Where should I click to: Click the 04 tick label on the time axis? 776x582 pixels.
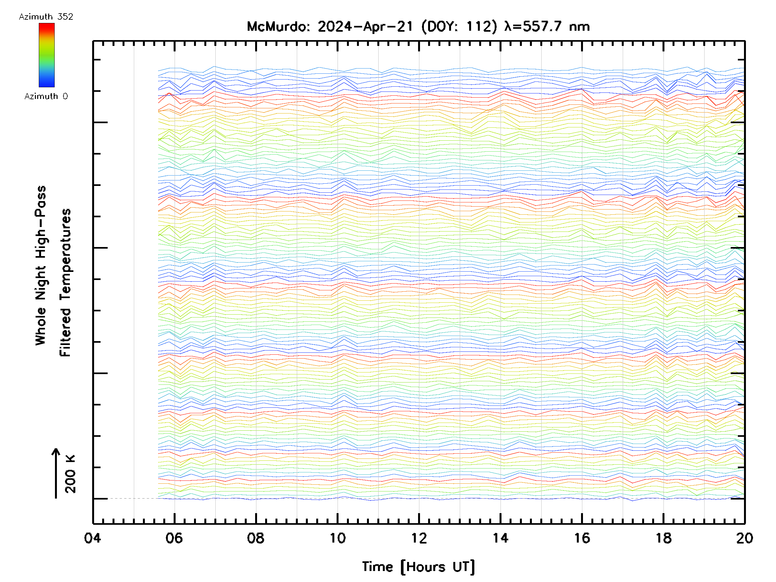pyautogui.click(x=92, y=538)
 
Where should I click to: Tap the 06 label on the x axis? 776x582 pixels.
pyautogui.click(x=174, y=538)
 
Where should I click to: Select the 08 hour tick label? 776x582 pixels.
pyautogui.click(x=256, y=538)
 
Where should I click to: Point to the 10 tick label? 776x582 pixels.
pyautogui.click(x=337, y=538)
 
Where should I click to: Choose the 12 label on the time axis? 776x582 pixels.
pyautogui.click(x=419, y=538)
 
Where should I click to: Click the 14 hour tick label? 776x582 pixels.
pyautogui.click(x=500, y=538)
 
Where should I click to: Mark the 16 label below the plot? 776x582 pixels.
pyautogui.click(x=582, y=538)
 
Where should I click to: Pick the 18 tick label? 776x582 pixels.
pyautogui.click(x=663, y=538)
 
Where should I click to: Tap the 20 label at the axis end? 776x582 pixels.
pyautogui.click(x=744, y=538)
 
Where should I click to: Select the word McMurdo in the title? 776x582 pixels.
pyautogui.click(x=278, y=27)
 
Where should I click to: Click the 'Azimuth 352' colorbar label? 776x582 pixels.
pyautogui.click(x=46, y=17)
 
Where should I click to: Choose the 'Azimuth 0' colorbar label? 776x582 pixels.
pyautogui.click(x=46, y=96)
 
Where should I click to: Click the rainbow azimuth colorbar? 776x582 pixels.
pyautogui.click(x=47, y=55)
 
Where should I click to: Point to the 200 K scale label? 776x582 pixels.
pyautogui.click(x=70, y=474)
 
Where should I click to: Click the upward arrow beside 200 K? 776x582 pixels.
pyautogui.click(x=56, y=473)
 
